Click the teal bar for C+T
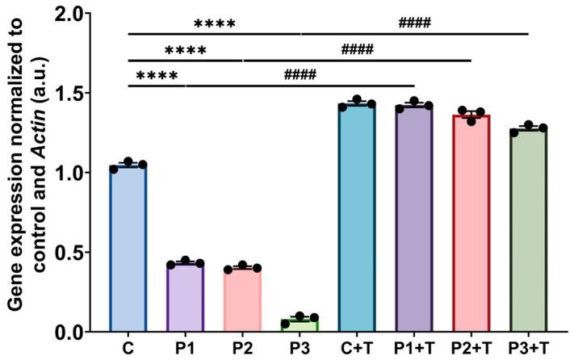(x=357, y=218)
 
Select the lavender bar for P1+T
(x=413, y=219)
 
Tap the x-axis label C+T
(x=357, y=349)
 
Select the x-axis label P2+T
(x=471, y=349)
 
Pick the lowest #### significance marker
(x=300, y=76)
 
